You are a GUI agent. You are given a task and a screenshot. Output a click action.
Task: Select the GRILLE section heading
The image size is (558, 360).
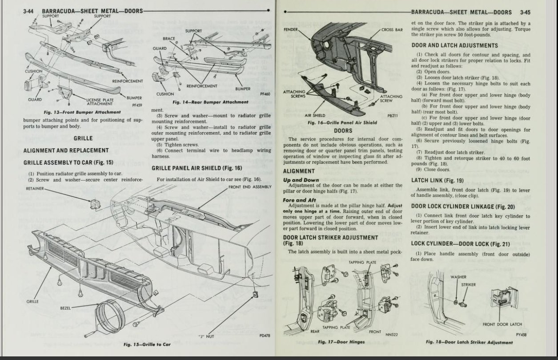(83, 138)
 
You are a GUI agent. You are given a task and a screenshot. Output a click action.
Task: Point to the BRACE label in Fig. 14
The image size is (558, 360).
(169, 39)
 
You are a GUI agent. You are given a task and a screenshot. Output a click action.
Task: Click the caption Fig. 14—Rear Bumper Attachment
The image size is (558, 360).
(210, 102)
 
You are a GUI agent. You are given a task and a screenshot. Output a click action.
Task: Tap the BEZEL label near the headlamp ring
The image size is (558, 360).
(77, 307)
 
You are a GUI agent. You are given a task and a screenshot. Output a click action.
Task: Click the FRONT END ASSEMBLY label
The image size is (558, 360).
(249, 187)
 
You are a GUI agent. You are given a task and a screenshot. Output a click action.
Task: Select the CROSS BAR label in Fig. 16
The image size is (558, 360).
(392, 30)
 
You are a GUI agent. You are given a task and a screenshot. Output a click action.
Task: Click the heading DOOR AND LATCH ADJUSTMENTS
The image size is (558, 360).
(454, 45)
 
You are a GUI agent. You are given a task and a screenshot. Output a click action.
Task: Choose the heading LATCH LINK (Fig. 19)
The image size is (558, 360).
(437, 181)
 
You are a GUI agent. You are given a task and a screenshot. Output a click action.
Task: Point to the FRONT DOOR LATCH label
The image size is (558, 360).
(502, 324)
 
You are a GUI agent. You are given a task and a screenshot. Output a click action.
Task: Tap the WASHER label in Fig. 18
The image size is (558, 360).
(458, 277)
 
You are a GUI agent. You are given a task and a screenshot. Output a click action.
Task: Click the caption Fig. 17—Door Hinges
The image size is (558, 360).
(341, 342)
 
